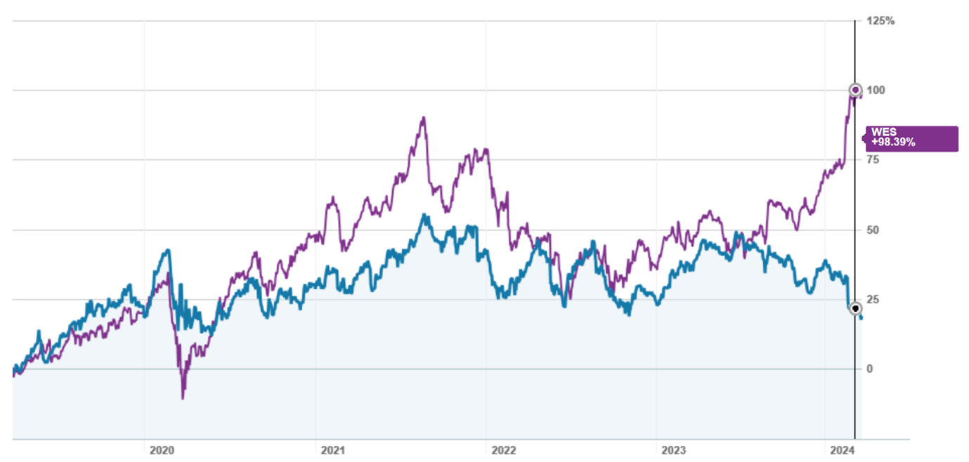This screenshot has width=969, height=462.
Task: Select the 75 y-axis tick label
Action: point(873,160)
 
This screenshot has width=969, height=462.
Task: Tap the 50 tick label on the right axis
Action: point(873,230)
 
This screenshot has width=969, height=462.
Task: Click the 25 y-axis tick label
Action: point(873,300)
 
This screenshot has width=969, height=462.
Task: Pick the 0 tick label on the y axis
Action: point(870,369)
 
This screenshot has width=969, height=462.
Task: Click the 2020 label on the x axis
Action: point(161,449)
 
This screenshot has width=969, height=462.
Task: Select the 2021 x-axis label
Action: point(332,449)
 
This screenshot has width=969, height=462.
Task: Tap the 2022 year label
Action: point(503,449)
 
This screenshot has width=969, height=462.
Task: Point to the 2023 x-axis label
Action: point(674,449)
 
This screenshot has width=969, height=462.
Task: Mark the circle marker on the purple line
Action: point(855,90)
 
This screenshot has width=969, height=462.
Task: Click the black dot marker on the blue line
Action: point(855,308)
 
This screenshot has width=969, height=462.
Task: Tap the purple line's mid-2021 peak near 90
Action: point(423,118)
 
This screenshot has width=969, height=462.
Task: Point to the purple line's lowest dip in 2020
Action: point(183,398)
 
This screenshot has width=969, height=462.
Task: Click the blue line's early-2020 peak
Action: point(167,250)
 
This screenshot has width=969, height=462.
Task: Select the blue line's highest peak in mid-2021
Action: point(424,215)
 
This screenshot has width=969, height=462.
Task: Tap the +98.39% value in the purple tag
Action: point(892,143)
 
